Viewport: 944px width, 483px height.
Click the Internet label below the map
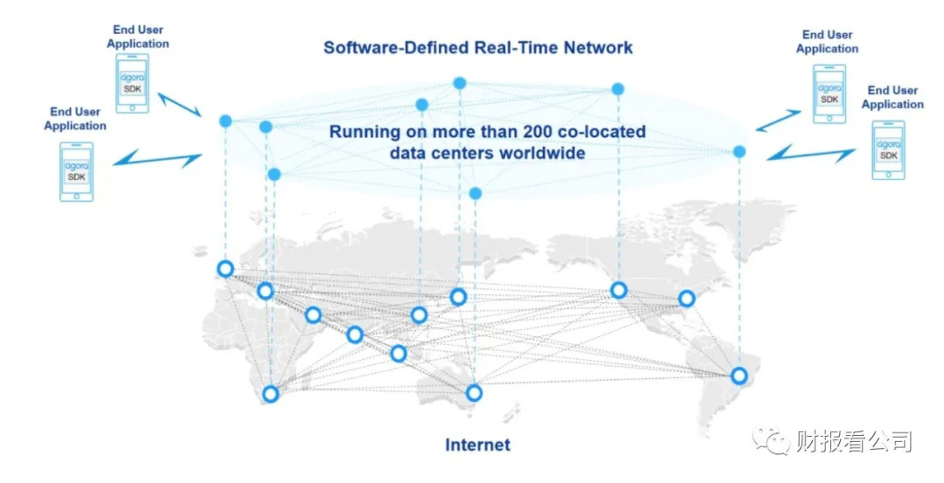[477, 445]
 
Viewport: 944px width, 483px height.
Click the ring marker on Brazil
[739, 376]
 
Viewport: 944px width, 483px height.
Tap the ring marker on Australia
[474, 392]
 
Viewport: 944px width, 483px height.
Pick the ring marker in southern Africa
[271, 394]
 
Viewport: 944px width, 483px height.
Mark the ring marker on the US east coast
[687, 299]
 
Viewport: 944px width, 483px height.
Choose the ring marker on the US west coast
[619, 290]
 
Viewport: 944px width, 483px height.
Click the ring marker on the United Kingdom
[226, 269]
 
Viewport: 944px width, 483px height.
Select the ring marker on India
[355, 335]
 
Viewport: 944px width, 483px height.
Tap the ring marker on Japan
[457, 297]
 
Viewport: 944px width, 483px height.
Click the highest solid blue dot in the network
[459, 83]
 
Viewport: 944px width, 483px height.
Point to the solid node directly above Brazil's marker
[739, 152]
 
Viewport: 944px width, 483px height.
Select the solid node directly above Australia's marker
[475, 192]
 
